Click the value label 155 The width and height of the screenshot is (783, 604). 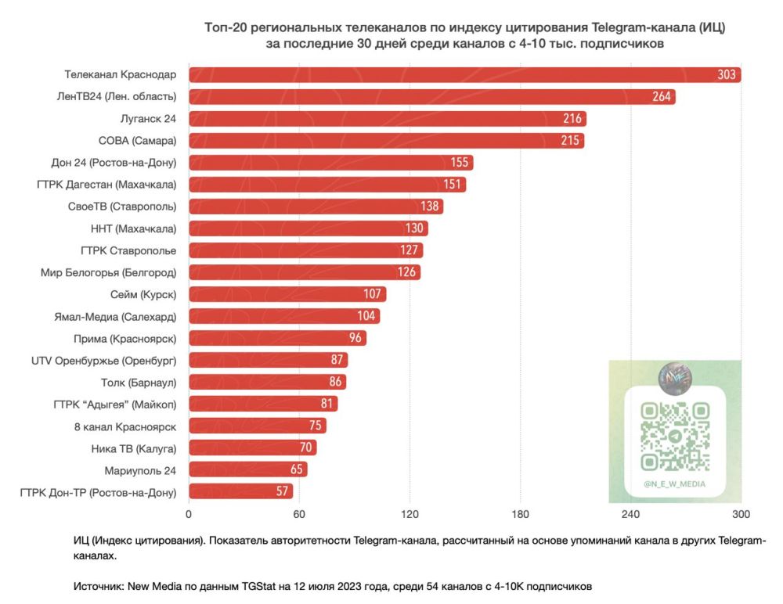pos(460,163)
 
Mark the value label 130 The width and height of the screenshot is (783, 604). pos(415,228)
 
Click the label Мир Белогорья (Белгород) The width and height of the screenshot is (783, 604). pos(109,272)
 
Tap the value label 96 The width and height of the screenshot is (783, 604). pos(355,338)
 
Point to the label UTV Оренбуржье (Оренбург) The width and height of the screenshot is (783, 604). pos(104,360)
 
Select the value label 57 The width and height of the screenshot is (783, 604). pos(283,491)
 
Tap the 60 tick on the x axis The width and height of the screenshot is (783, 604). pos(299,514)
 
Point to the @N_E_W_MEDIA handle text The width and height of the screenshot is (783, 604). pos(675,484)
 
